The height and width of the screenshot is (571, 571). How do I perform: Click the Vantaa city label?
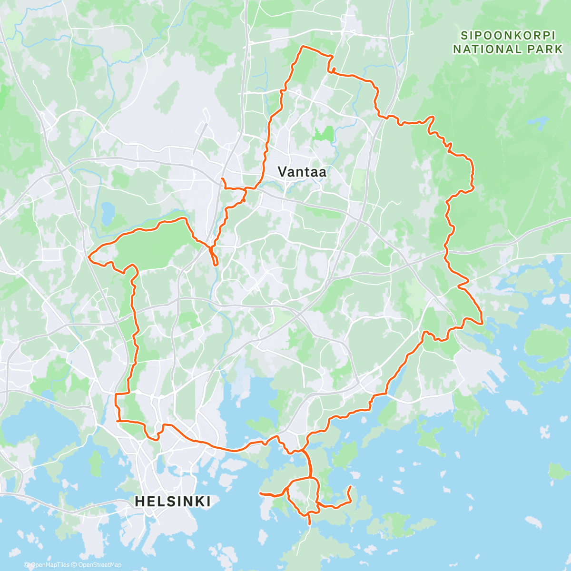[x=302, y=172]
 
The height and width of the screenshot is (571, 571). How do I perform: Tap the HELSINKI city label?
[x=172, y=501]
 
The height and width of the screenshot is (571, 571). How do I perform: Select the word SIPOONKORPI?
[x=506, y=35]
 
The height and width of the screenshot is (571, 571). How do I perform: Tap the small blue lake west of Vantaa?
[x=108, y=209]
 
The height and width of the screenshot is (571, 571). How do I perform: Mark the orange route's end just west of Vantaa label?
[x=222, y=178]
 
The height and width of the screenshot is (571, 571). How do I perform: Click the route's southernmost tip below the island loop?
[x=310, y=524]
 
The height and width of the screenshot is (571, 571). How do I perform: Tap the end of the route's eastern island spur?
[x=351, y=486]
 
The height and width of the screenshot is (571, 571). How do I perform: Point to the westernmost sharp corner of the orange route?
[x=89, y=257]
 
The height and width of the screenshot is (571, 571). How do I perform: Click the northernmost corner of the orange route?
[x=302, y=47]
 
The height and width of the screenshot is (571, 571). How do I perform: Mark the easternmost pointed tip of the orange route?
[x=483, y=323]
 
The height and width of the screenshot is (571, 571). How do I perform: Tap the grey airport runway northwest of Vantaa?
[x=200, y=138]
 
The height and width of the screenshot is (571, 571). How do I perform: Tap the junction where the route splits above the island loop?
[x=311, y=477]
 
